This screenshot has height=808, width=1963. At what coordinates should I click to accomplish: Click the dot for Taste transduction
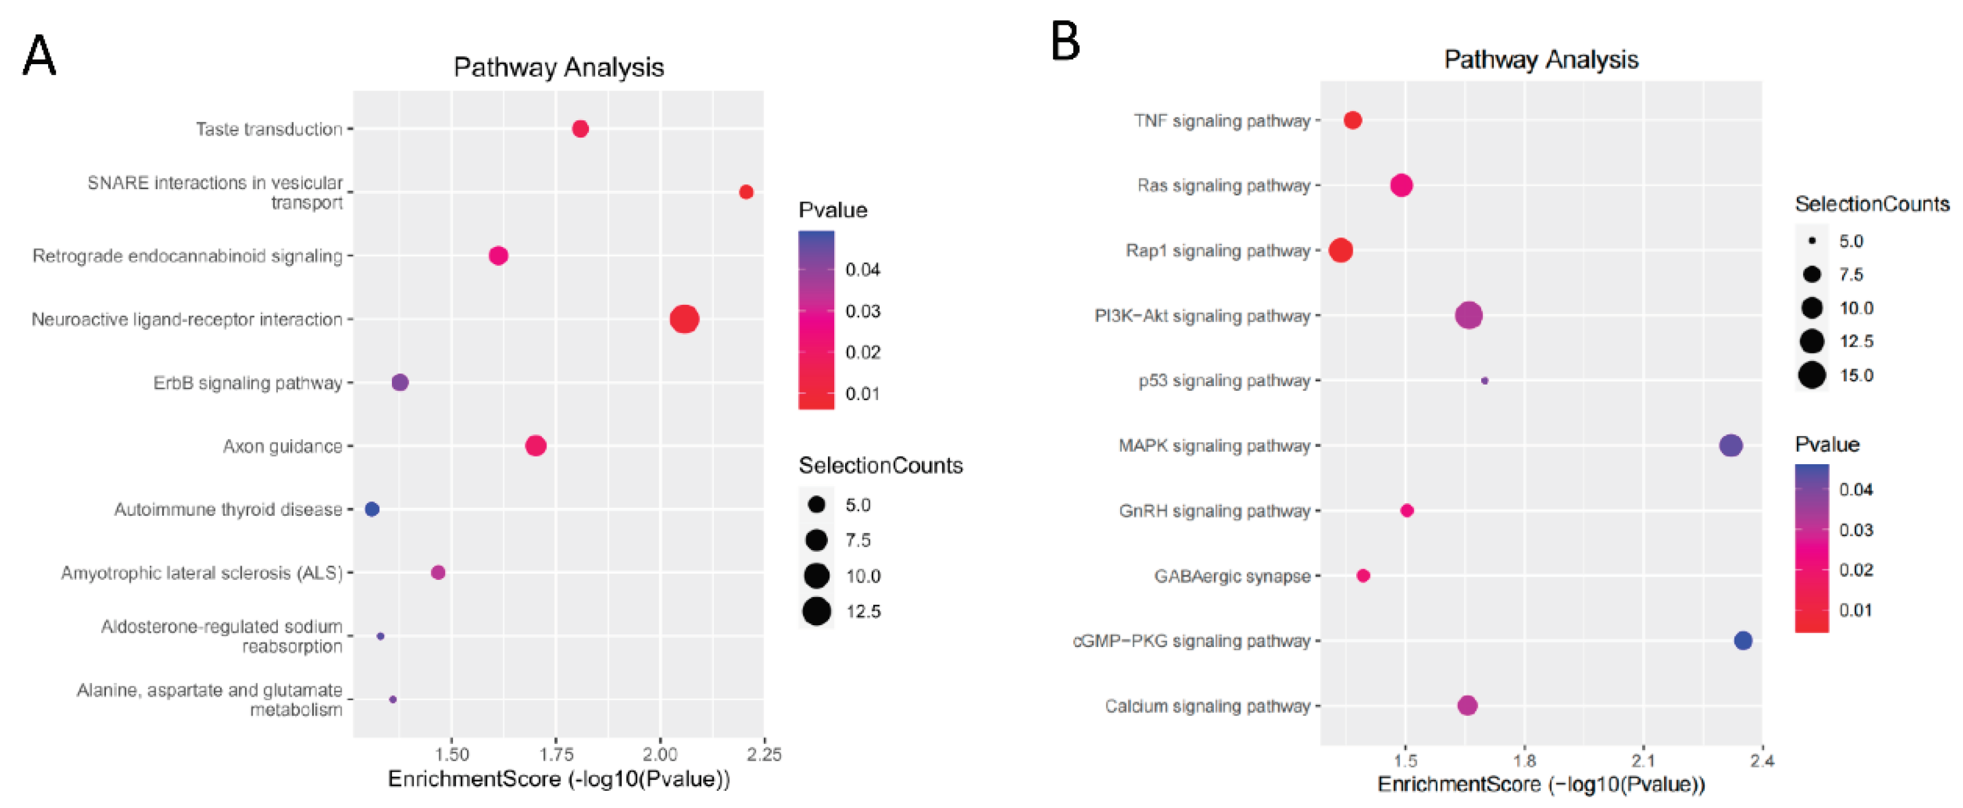[x=580, y=129]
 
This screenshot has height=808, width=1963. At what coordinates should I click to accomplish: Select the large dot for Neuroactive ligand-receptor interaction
[x=684, y=319]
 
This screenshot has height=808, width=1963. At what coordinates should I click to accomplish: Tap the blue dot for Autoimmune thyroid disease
[x=372, y=508]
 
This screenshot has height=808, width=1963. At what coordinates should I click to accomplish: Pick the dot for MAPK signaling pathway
[x=1730, y=445]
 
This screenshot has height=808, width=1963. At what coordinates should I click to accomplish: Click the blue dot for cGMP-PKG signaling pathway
[x=1743, y=640]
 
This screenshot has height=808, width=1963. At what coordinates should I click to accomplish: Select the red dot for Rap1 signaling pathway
[x=1340, y=250]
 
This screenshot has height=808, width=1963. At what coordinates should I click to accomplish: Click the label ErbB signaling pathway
[x=248, y=383]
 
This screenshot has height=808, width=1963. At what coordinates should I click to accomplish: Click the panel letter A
[x=39, y=56]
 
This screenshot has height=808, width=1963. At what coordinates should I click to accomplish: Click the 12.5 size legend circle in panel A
[x=816, y=610]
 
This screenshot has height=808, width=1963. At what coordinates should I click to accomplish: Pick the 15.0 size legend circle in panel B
[x=1812, y=375]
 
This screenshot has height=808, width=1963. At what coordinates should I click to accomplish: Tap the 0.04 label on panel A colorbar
[x=863, y=270]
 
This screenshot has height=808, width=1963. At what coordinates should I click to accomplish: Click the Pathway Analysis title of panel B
[x=1541, y=60]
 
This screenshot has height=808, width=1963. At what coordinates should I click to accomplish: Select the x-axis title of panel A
[x=559, y=779]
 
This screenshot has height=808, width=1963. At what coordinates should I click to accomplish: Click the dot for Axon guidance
[x=536, y=445]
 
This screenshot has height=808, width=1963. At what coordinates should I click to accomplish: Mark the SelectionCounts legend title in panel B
[x=1871, y=204]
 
